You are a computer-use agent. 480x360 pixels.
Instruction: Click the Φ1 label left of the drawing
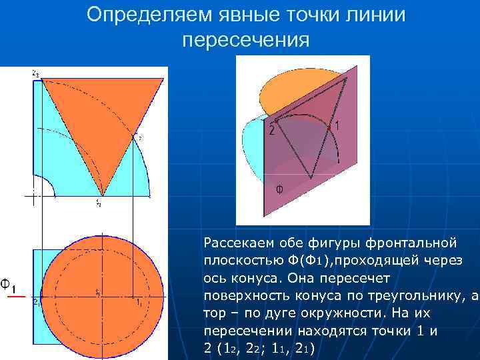pyautogui.click(x=10, y=285)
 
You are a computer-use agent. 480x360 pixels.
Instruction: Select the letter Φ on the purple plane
pyautogui.click(x=279, y=189)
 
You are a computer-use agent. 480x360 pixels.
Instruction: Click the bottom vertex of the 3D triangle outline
pyautogui.click(x=310, y=177)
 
